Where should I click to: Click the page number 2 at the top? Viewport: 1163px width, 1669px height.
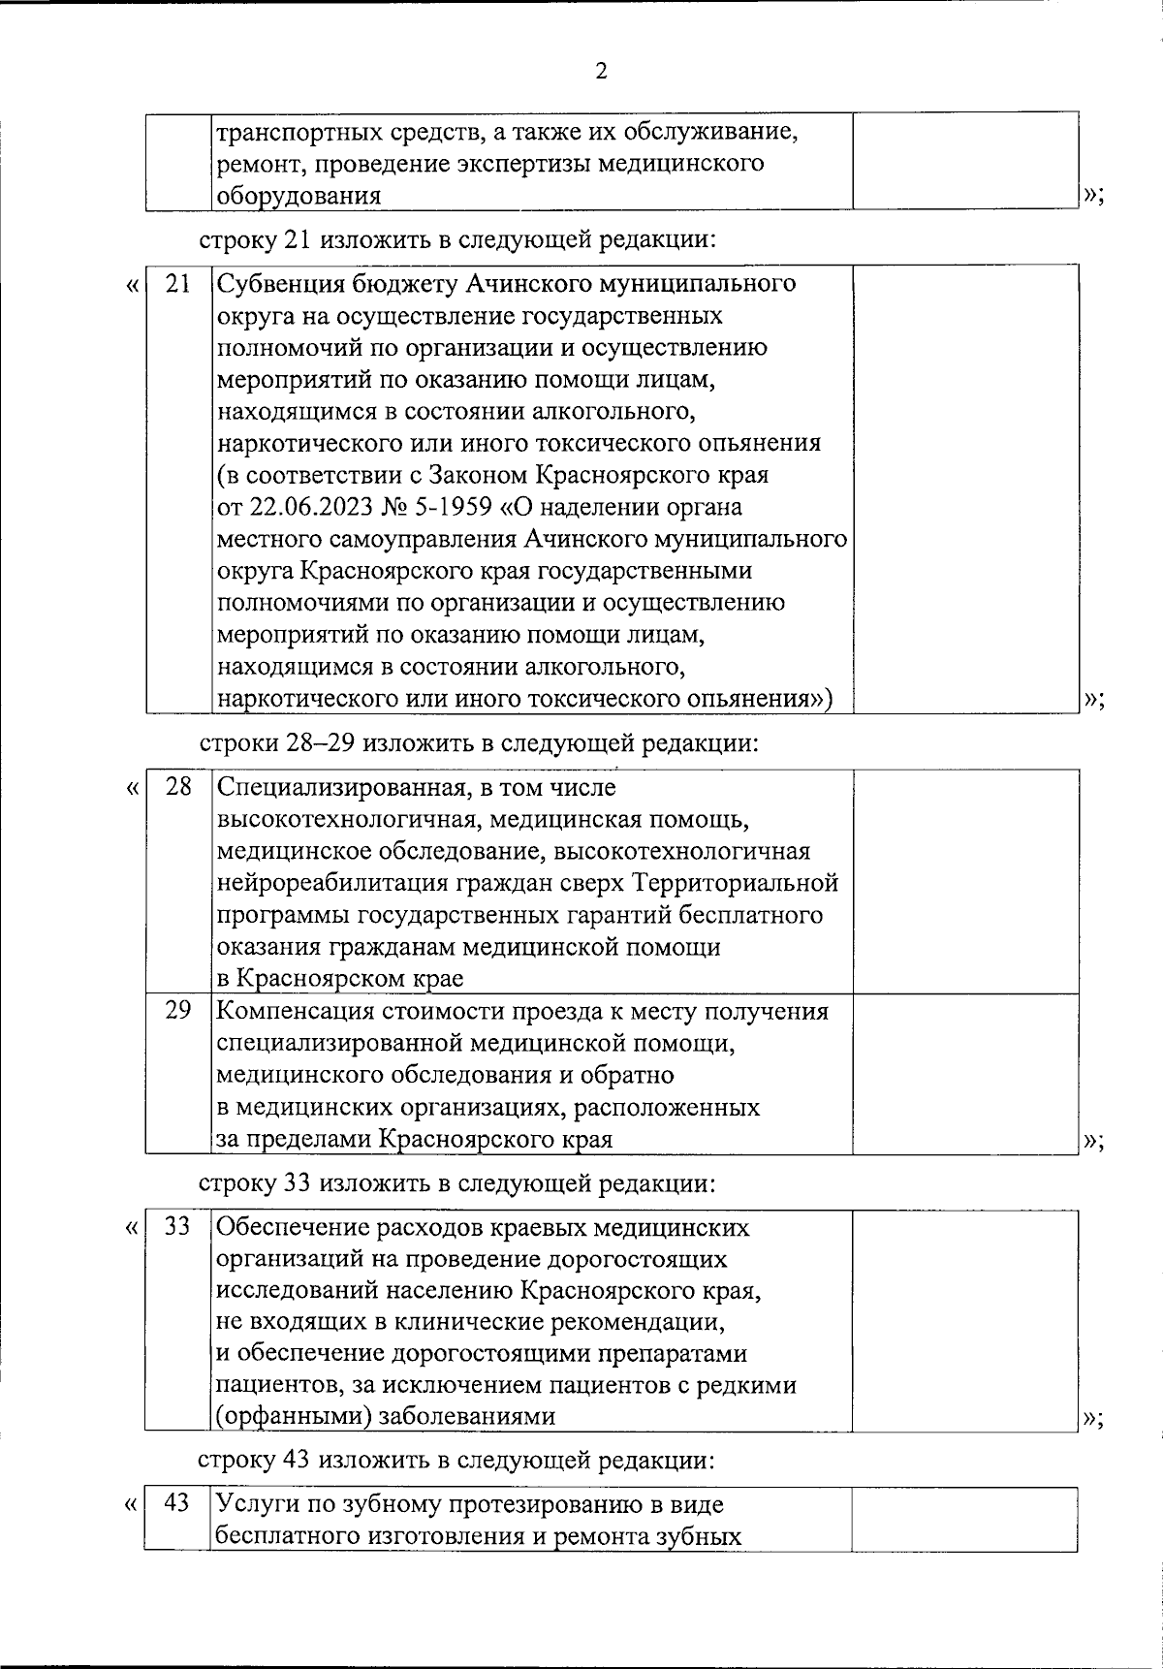coord(601,72)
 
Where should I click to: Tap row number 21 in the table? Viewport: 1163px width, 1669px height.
coord(178,284)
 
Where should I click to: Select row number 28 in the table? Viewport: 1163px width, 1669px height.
coord(178,787)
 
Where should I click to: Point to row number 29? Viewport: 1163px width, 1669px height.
coord(178,1010)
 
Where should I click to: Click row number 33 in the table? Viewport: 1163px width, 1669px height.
coord(178,1226)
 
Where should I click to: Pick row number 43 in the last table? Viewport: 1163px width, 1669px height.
coord(178,1503)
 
